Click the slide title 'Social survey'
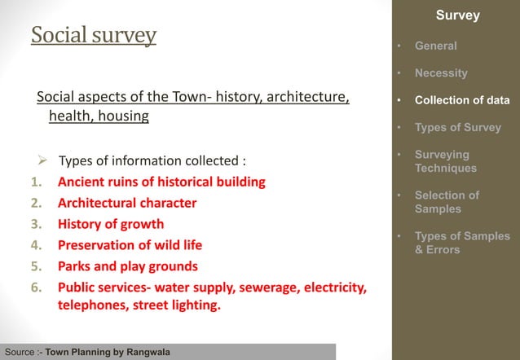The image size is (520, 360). [x=94, y=36]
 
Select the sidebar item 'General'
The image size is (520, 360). [x=435, y=46]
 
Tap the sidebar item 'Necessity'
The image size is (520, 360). [x=441, y=73]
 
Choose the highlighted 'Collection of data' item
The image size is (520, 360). [x=462, y=101]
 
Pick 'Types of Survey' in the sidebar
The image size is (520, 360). [x=457, y=127]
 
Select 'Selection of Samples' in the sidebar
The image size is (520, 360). [x=447, y=202]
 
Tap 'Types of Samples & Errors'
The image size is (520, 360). [x=462, y=243]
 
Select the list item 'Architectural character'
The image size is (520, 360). [x=126, y=202]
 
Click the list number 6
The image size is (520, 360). [x=36, y=288]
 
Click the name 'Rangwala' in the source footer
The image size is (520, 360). [x=148, y=353]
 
